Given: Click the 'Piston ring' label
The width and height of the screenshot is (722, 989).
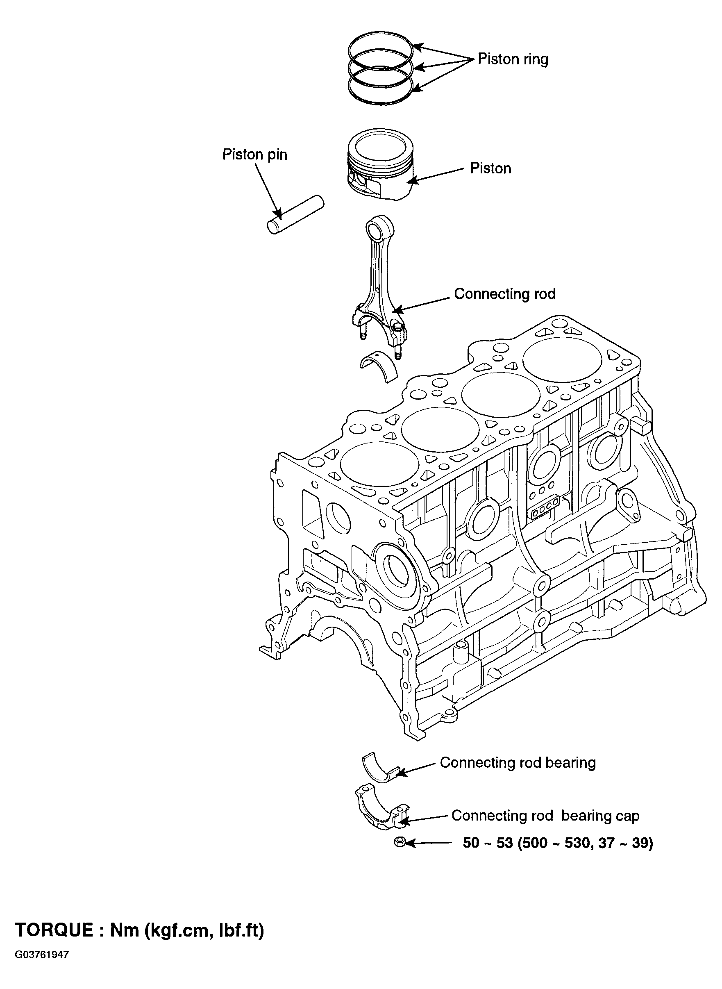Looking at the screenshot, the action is click(x=513, y=59).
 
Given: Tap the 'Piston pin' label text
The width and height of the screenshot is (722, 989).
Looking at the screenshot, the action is click(x=255, y=155).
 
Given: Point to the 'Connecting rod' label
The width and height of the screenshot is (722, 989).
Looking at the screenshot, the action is click(x=505, y=294).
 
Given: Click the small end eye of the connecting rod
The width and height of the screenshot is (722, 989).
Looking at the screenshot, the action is click(x=375, y=228).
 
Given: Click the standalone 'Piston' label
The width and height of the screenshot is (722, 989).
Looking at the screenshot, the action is click(x=490, y=168).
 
